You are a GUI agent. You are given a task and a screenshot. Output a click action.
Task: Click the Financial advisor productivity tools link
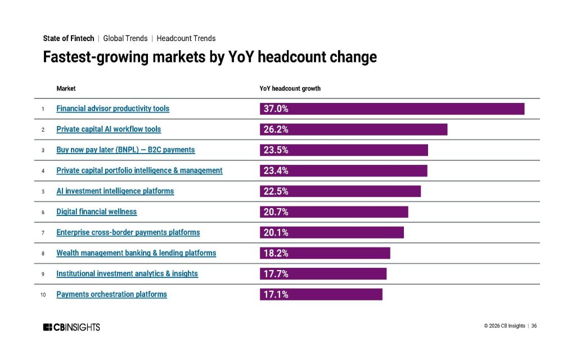pyautogui.click(x=112, y=109)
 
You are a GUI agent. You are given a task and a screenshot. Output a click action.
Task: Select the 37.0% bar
pyautogui.click(x=392, y=109)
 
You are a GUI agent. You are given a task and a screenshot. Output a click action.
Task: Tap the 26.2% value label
pyautogui.click(x=276, y=129)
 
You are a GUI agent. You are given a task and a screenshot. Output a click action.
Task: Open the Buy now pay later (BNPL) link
pyautogui.click(x=125, y=150)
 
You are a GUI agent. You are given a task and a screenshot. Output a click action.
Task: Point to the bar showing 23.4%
pyautogui.click(x=343, y=170)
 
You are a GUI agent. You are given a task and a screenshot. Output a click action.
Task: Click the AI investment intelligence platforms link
pyautogui.click(x=115, y=191)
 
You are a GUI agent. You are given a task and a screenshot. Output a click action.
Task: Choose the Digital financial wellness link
pyautogui.click(x=96, y=211)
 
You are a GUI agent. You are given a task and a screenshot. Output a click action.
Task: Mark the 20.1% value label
pyautogui.click(x=276, y=232)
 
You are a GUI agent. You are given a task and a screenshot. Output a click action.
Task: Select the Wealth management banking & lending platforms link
pyautogui.click(x=136, y=253)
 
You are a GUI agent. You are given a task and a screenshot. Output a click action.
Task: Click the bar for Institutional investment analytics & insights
pyautogui.click(x=323, y=274)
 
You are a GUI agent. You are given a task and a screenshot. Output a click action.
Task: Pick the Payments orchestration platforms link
pyautogui.click(x=111, y=294)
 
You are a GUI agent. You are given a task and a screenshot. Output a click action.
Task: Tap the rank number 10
pyautogui.click(x=43, y=295)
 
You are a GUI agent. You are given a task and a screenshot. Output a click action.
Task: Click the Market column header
pyautogui.click(x=66, y=88)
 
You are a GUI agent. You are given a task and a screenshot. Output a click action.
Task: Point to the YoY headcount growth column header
pyautogui.click(x=290, y=88)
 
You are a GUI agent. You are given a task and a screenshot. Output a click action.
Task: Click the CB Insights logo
pyautogui.click(x=71, y=327)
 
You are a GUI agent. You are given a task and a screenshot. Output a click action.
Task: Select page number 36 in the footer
pyautogui.click(x=534, y=326)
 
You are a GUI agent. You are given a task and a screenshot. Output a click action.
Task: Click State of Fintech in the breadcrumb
pyautogui.click(x=69, y=38)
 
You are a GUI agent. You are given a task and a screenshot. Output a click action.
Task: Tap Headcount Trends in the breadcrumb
pyautogui.click(x=186, y=38)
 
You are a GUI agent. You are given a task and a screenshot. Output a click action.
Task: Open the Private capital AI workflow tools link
pyautogui.click(x=109, y=129)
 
